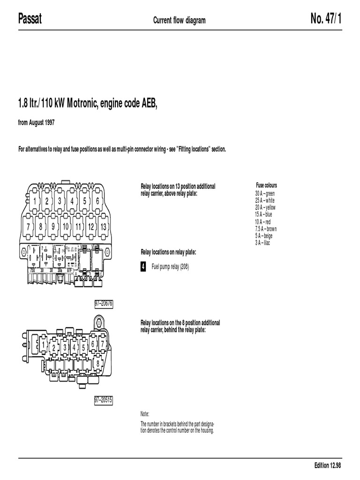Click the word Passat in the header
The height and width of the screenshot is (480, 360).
[x=30, y=19]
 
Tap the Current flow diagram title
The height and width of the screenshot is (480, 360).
[x=180, y=20]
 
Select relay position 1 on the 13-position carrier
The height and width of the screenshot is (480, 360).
[x=34, y=201]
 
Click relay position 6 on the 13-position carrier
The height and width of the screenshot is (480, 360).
[x=97, y=201]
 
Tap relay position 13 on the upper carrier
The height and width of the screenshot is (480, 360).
[x=104, y=226]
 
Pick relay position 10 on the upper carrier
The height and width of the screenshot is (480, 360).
[x=66, y=226]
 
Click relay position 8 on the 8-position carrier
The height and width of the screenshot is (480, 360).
[x=97, y=362]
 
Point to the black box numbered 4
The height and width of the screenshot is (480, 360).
[x=143, y=267]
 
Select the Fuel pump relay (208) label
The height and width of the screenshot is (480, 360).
[x=170, y=267]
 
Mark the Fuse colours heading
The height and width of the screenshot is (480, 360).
[x=266, y=186]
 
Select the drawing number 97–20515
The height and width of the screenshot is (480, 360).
[x=104, y=400]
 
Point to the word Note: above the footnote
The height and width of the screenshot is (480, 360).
[x=145, y=415]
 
